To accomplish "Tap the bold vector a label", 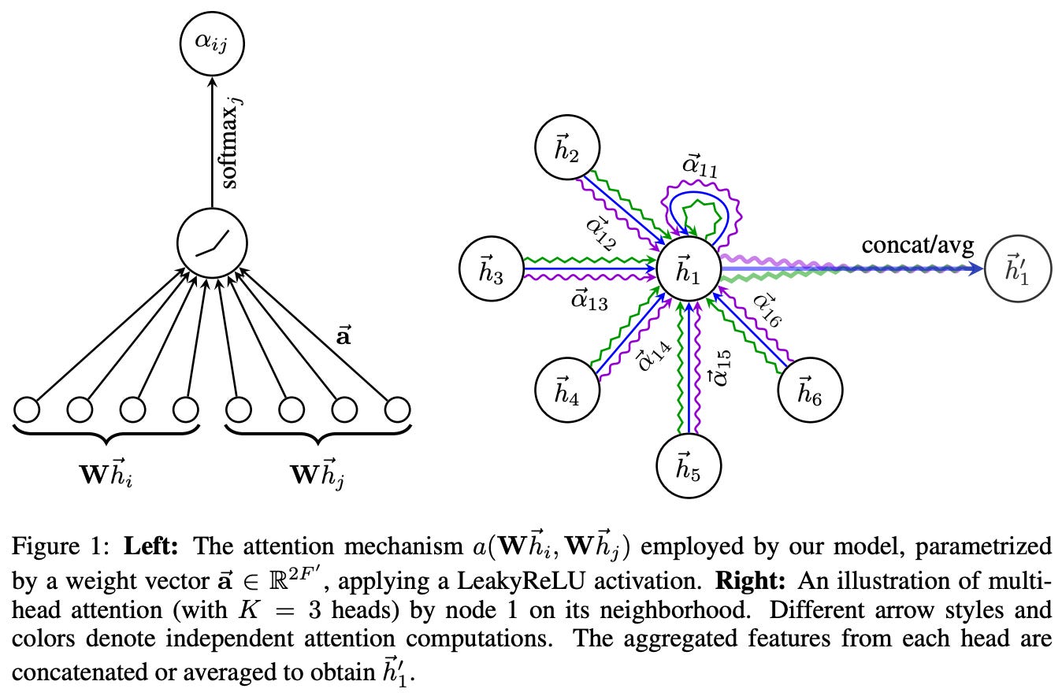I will (343, 337).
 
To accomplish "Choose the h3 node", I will (492, 269).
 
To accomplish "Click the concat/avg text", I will (918, 245).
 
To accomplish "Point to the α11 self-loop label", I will (700, 168).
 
